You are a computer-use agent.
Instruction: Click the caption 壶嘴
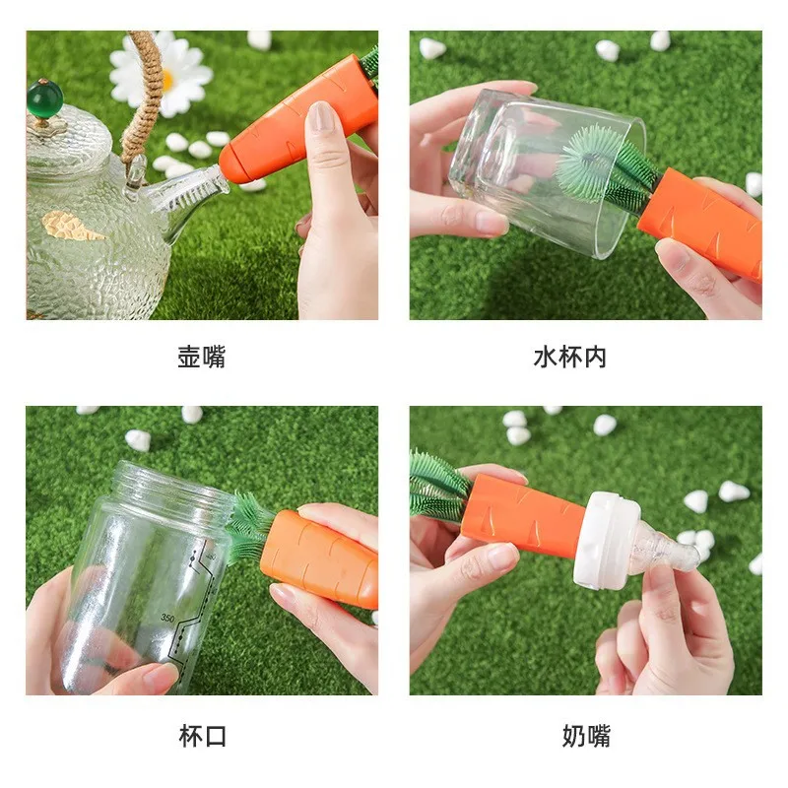(x=202, y=358)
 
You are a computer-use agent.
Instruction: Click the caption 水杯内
(x=570, y=358)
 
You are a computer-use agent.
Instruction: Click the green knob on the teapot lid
(x=44, y=98)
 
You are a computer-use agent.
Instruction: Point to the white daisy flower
(x=161, y=73)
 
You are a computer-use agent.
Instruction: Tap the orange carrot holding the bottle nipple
(x=522, y=512)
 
